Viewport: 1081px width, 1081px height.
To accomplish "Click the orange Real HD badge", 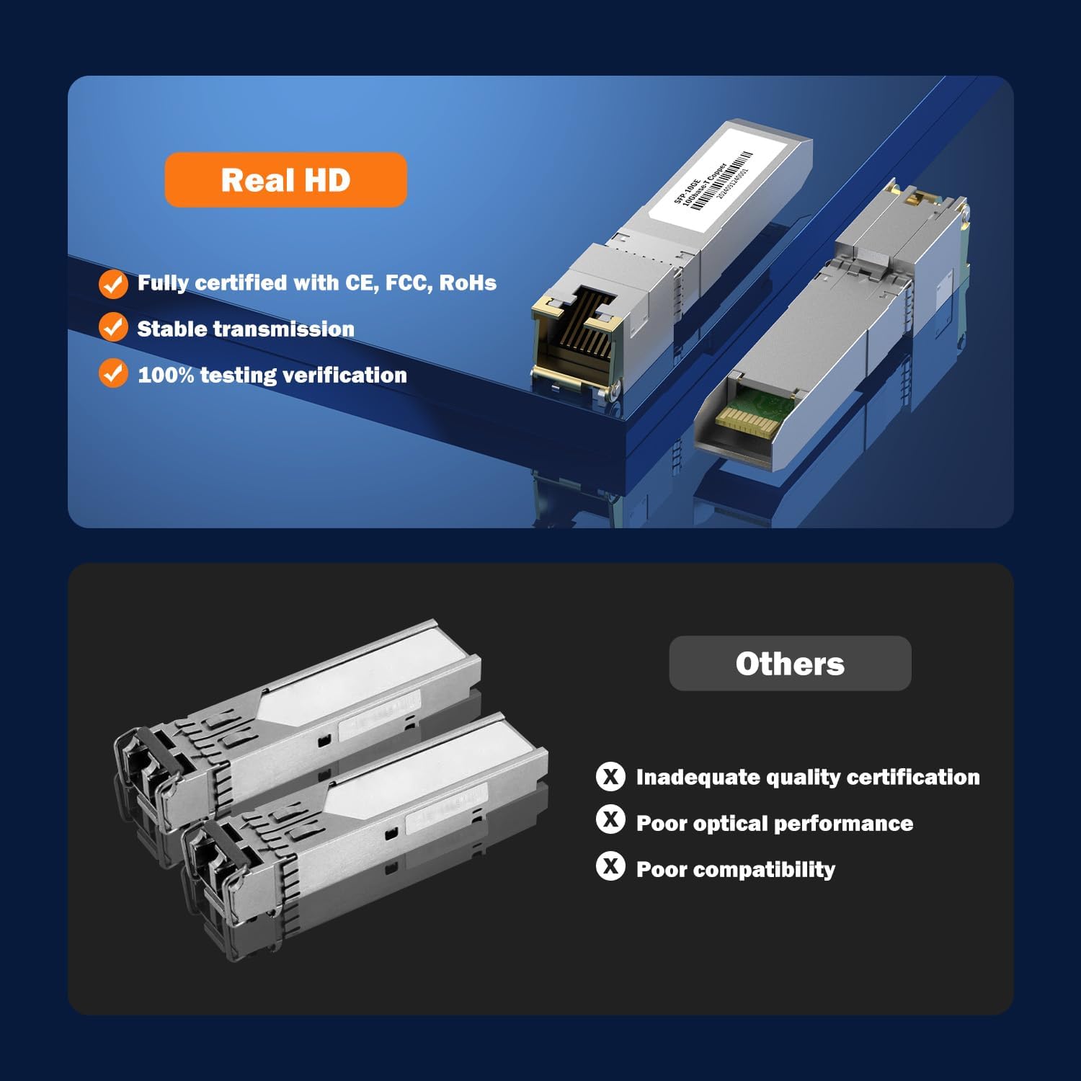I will click(285, 180).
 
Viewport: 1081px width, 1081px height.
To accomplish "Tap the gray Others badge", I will click(790, 664).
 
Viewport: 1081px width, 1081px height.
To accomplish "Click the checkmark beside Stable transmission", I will click(113, 327).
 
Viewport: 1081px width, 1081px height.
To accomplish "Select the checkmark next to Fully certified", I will click(113, 283).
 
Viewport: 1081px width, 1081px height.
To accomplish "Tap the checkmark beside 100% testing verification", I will click(113, 373).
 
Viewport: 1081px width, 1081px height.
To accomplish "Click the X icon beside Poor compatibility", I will click(610, 866).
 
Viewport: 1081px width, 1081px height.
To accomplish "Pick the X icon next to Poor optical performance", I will click(610, 820).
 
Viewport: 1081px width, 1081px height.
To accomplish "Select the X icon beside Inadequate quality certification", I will click(610, 777).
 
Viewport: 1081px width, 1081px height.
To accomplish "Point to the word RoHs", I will click(468, 283).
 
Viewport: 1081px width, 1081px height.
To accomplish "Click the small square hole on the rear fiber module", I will click(324, 740).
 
